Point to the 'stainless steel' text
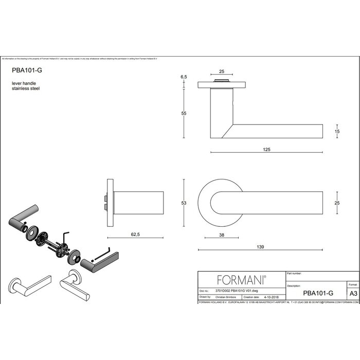26,88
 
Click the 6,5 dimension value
184,77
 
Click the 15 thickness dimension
337,132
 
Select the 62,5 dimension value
135,233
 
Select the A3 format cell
353,293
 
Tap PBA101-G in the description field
318,293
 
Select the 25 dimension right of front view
337,203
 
